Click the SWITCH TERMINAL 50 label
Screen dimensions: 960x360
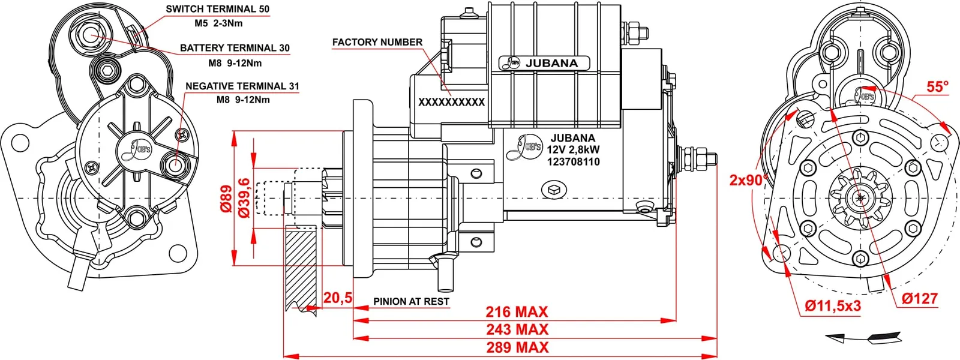point(218,9)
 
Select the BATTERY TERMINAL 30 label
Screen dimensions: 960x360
point(235,48)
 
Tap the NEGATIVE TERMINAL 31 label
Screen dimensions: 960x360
point(242,86)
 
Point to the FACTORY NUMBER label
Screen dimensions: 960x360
point(377,43)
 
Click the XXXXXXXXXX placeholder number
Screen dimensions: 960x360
point(452,103)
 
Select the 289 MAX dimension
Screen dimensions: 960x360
point(517,347)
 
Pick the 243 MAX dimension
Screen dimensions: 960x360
point(517,329)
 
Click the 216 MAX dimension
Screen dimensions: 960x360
point(517,312)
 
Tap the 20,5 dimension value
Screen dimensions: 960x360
point(338,298)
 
